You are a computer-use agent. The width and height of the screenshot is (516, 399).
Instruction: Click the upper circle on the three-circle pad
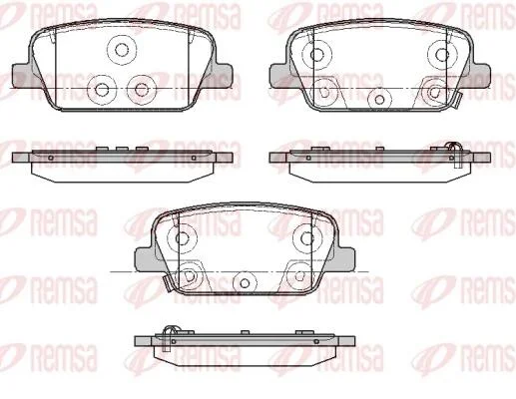(122, 50)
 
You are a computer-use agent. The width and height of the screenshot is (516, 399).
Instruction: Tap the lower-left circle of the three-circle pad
(102, 89)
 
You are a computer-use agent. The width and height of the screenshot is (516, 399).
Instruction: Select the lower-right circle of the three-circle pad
(142, 89)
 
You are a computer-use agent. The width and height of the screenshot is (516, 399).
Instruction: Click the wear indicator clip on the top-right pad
(456, 100)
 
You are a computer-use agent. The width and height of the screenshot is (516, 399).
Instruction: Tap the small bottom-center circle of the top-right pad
(379, 99)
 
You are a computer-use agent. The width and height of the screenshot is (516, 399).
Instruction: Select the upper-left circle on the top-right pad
(317, 54)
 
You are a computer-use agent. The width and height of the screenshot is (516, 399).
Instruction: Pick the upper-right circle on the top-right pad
(442, 55)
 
